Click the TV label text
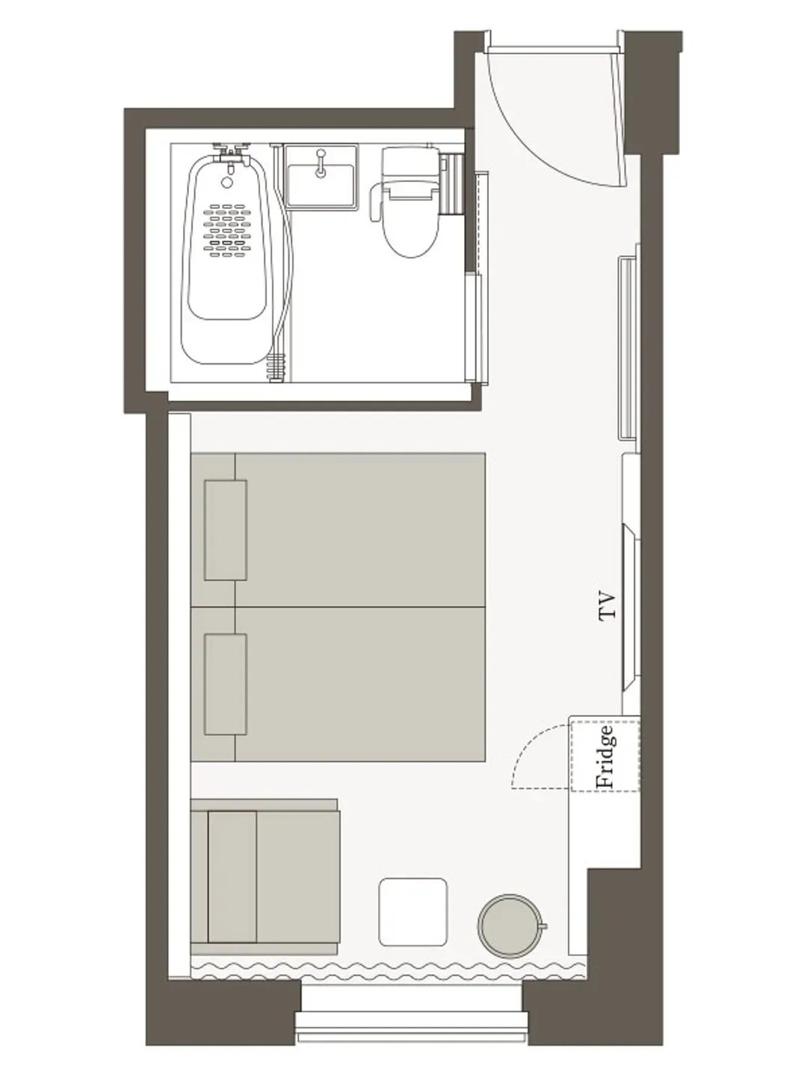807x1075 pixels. (x=607, y=606)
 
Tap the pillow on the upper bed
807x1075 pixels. (x=226, y=530)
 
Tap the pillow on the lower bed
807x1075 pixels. (x=226, y=684)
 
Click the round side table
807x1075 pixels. (x=510, y=926)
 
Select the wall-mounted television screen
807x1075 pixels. (x=631, y=607)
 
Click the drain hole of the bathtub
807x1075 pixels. (x=227, y=182)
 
